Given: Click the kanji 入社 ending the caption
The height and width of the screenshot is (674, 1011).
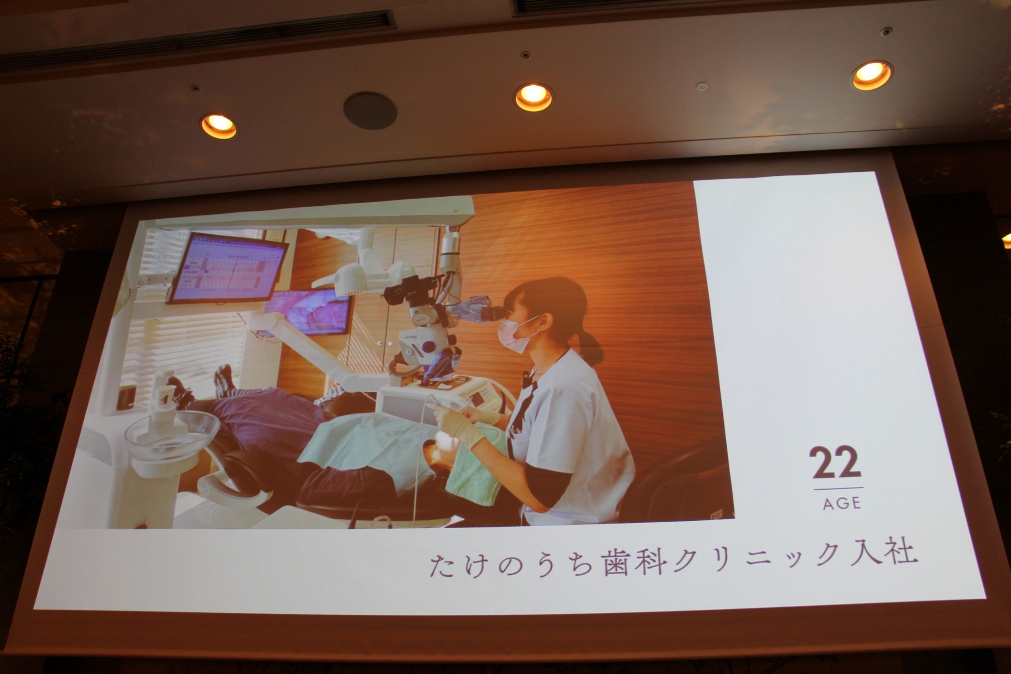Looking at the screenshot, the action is pos(883,551).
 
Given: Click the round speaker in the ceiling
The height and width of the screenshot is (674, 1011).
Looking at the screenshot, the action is pos(370,110).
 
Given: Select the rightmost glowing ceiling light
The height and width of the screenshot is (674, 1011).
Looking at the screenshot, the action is pos(872,75).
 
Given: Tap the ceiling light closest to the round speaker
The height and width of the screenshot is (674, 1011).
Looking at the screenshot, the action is pos(534,98).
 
